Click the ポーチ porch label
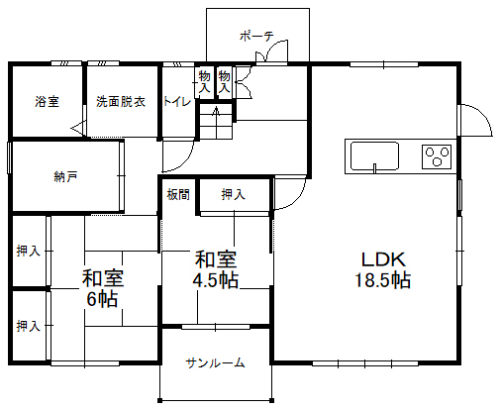point(256,36)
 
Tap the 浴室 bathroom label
point(48,101)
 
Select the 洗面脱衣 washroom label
point(121,101)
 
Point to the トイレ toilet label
point(177,101)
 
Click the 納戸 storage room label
point(65,177)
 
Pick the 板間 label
point(178,194)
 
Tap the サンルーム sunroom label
point(215,363)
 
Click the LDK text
point(383,259)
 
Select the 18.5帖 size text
point(383,280)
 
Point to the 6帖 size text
point(102,299)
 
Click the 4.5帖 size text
point(216,280)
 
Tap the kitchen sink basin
point(374,156)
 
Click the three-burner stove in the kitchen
point(437,156)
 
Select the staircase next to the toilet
point(216,121)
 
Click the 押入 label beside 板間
point(234,194)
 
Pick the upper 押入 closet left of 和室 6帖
point(29,252)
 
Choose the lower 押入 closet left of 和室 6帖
point(29,327)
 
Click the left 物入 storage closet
point(204,81)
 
